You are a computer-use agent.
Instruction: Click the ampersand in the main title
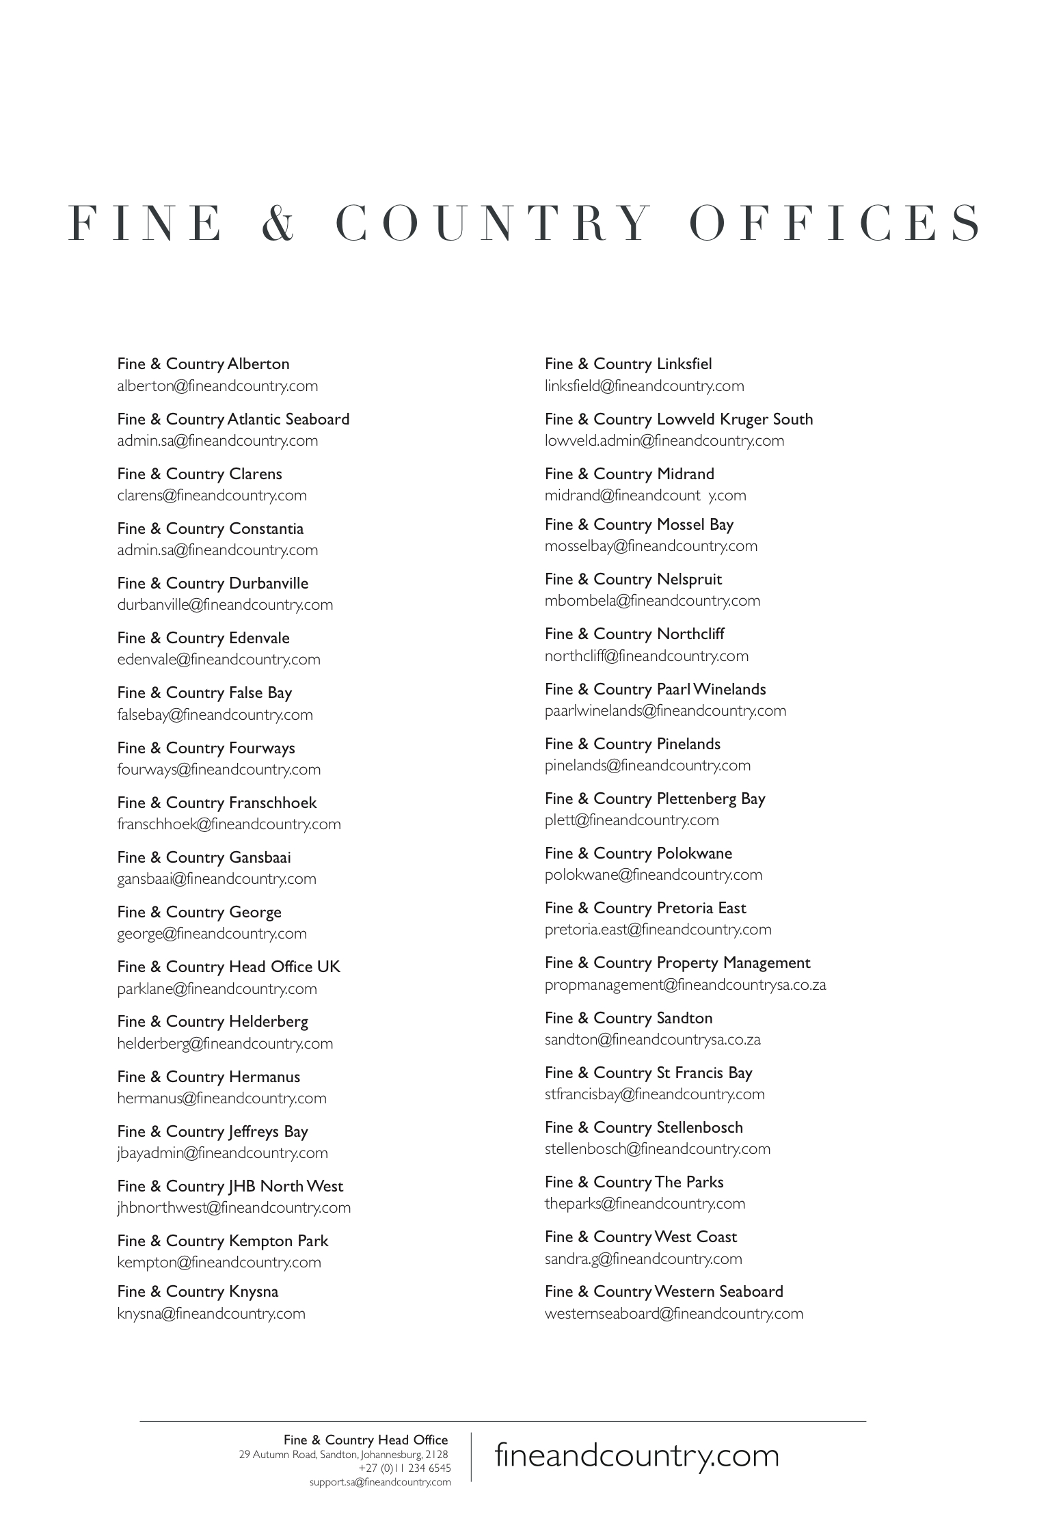click(x=277, y=223)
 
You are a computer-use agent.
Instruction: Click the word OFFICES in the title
click(x=835, y=223)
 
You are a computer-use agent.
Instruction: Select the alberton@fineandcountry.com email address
click(x=217, y=386)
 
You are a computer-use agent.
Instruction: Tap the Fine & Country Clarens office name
click(x=199, y=474)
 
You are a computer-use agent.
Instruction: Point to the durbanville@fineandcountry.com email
click(x=225, y=605)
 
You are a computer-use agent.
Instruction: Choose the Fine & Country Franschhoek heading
click(x=217, y=803)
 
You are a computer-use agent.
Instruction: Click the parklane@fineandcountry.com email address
click(x=217, y=988)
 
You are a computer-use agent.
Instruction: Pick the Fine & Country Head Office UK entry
click(x=228, y=967)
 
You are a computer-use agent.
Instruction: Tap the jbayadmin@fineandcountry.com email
click(x=222, y=1153)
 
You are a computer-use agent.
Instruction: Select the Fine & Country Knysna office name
click(x=198, y=1291)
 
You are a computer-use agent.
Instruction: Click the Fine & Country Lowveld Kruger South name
click(x=679, y=419)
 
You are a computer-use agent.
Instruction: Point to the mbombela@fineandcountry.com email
click(x=652, y=601)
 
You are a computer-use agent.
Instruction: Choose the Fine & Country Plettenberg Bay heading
click(x=655, y=798)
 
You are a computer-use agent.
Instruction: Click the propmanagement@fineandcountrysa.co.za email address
click(x=685, y=985)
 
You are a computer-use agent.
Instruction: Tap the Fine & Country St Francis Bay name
click(x=648, y=1073)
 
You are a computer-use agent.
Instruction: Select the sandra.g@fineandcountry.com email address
click(x=643, y=1259)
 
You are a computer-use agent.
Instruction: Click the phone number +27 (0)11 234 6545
click(x=404, y=1468)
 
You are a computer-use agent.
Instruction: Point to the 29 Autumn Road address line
click(x=343, y=1455)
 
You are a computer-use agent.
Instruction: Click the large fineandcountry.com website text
click(x=636, y=1455)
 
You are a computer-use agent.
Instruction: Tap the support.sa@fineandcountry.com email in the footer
click(x=380, y=1482)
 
